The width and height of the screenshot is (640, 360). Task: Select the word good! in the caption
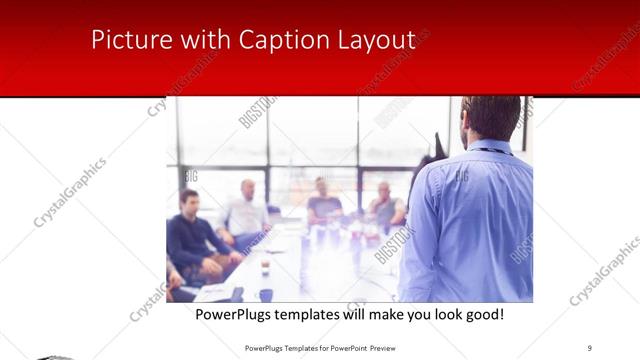pos(483,314)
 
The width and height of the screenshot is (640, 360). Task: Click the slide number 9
pos(591,347)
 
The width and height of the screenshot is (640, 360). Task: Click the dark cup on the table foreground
pos(266,294)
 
